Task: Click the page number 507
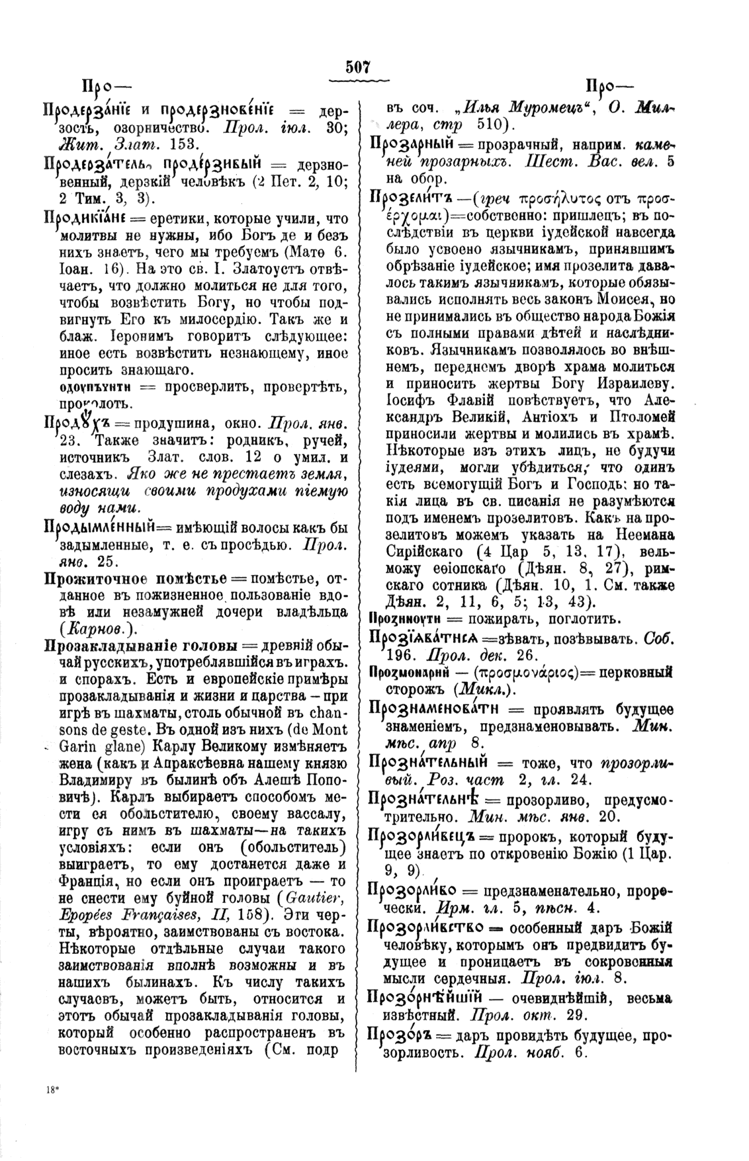point(357,67)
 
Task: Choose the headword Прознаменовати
point(437,709)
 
